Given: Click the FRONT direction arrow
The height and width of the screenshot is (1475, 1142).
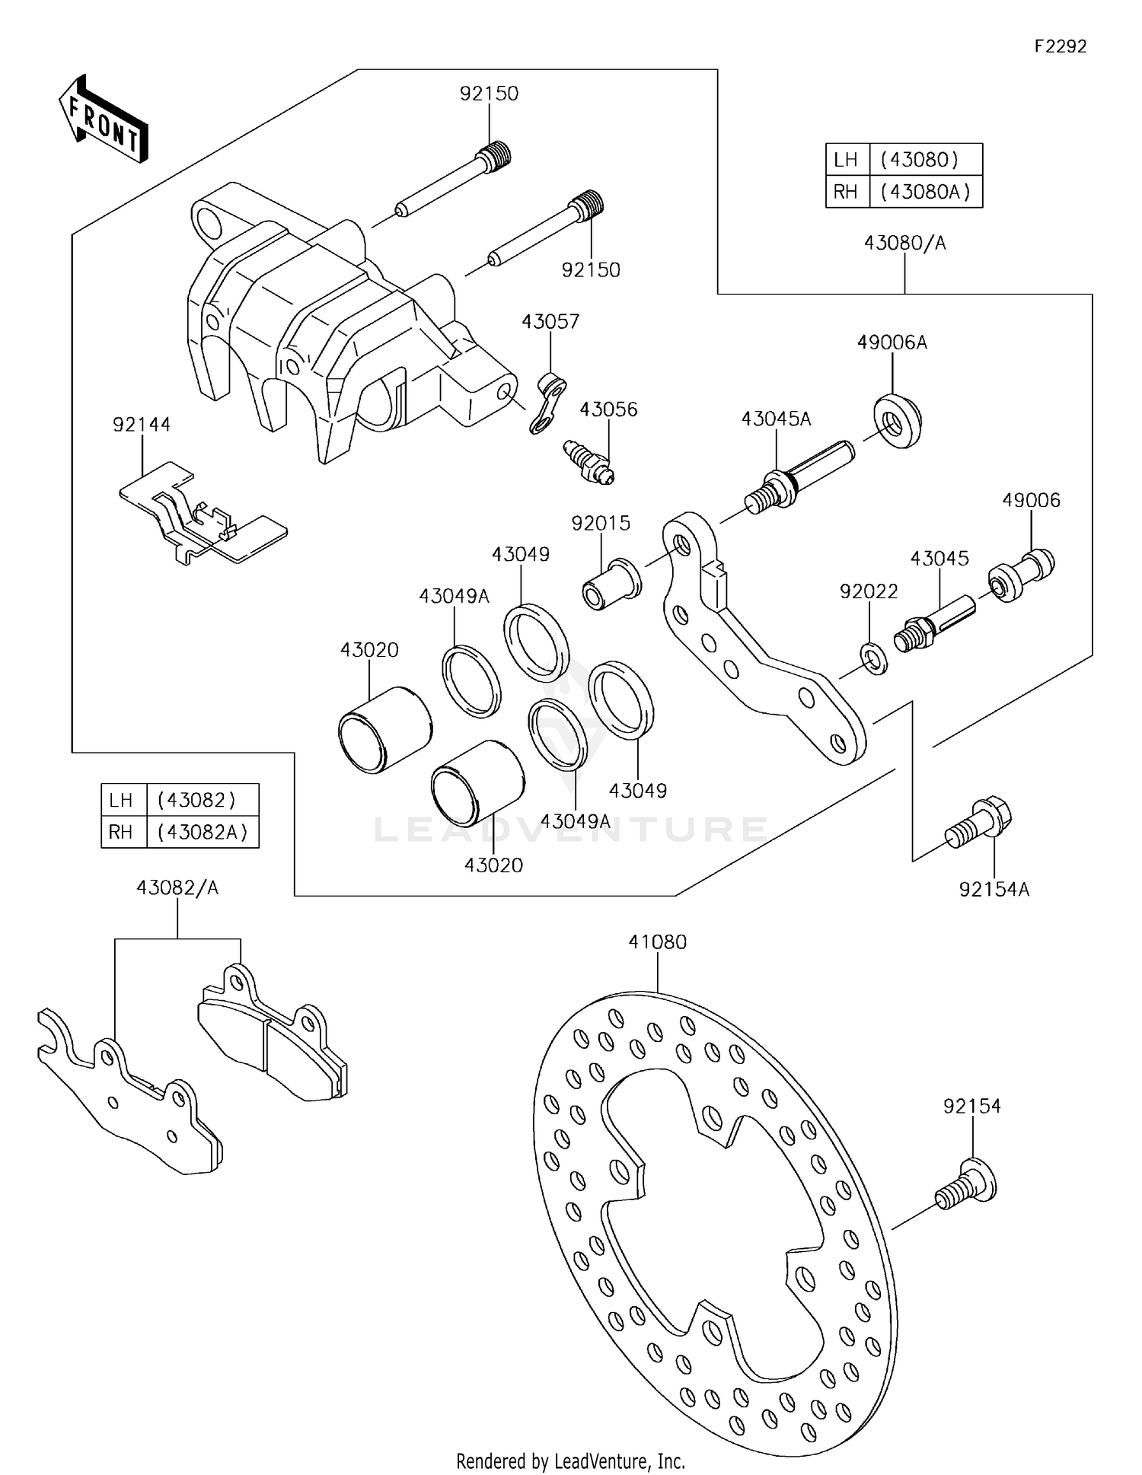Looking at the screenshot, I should [104, 120].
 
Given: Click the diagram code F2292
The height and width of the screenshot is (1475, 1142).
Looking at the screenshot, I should [1060, 46].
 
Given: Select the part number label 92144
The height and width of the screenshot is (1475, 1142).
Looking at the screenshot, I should [142, 425].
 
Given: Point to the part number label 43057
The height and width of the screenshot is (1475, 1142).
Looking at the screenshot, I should [550, 321].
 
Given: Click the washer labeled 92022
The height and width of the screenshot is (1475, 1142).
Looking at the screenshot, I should [873, 658].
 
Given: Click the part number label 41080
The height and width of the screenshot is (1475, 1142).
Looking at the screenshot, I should [657, 941].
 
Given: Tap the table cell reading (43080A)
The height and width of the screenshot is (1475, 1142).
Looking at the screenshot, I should [925, 192].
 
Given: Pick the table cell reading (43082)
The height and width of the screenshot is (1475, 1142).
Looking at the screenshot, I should [196, 800].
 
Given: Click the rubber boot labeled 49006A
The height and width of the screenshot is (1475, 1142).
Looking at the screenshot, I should [897, 421].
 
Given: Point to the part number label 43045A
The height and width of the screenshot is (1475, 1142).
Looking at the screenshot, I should [776, 419].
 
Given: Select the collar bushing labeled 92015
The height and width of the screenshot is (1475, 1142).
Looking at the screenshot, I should [612, 585].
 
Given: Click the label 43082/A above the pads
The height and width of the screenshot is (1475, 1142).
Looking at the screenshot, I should [177, 887].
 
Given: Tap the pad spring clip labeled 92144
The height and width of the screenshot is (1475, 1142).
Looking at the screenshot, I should [202, 518].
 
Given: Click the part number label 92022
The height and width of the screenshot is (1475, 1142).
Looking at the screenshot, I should [869, 591].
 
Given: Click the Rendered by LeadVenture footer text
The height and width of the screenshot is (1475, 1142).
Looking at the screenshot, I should [570, 1461].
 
